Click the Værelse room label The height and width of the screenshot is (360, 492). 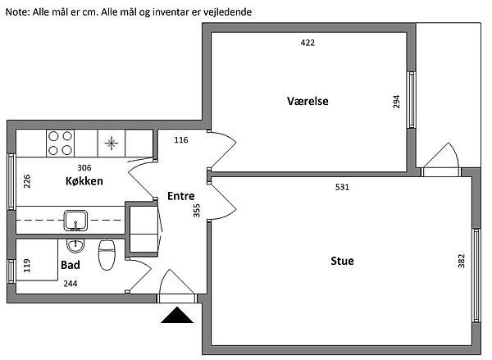307,101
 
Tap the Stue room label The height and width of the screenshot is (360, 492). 342,261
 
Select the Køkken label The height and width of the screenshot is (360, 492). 84,181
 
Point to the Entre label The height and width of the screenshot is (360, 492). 181,196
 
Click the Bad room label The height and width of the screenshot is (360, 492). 71,265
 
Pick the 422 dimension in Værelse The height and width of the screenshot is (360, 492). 307,43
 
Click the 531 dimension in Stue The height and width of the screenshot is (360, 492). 342,187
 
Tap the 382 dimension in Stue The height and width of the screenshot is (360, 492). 461,261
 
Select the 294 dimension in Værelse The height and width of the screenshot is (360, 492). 396,102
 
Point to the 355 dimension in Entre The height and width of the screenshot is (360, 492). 197,211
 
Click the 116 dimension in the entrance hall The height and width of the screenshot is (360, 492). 181,140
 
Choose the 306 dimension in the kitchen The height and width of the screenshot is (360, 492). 84,167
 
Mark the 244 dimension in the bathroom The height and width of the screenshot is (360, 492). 71,284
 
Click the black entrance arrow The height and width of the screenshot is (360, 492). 177,315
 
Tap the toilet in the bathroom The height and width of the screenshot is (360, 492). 107,255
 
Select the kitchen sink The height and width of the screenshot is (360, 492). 75,221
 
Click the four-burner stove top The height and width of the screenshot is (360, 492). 60,144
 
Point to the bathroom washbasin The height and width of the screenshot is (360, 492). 75,246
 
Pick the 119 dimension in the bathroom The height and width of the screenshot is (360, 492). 27,266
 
